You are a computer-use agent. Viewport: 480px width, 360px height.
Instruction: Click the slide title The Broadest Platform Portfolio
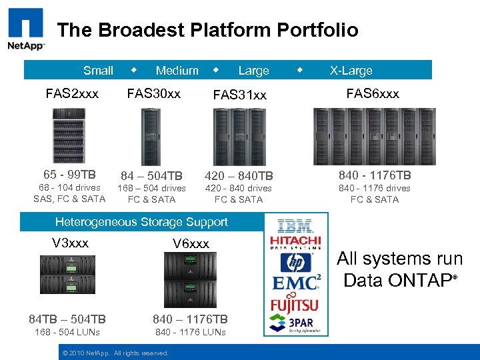[207, 30]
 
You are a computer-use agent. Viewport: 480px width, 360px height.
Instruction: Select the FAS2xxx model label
[72, 93]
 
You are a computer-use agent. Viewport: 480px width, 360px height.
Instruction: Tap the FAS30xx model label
[153, 93]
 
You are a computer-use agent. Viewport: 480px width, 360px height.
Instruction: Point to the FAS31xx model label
[239, 95]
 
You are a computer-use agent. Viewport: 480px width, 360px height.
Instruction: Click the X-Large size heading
[351, 70]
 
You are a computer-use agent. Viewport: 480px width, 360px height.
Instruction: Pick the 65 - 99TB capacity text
[69, 175]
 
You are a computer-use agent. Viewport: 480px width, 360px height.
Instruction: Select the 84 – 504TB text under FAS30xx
[151, 176]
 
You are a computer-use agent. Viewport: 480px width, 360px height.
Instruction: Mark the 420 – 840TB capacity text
[239, 176]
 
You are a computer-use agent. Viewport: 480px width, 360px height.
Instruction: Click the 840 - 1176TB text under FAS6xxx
[375, 175]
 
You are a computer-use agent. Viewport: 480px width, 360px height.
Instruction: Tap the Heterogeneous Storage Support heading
[141, 222]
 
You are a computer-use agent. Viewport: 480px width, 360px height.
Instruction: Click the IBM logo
[295, 226]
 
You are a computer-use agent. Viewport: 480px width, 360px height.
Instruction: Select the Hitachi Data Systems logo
[295, 243]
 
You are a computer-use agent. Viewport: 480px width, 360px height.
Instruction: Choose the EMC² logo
[296, 282]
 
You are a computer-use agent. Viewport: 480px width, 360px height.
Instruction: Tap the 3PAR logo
[296, 324]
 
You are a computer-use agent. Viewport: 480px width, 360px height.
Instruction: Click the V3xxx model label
[70, 243]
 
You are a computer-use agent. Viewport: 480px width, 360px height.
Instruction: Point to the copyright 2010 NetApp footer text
[115, 353]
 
